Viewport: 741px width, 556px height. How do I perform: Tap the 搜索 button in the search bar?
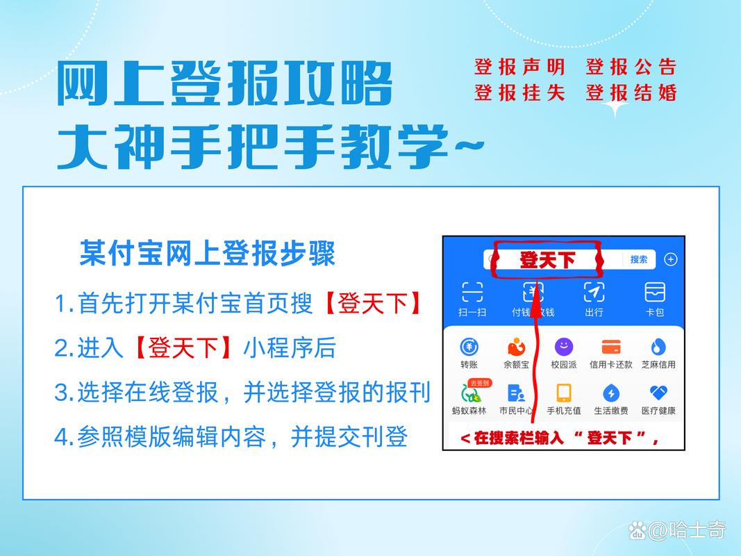(639, 259)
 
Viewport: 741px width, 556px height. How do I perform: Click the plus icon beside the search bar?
(670, 259)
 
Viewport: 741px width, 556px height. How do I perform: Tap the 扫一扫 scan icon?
(472, 292)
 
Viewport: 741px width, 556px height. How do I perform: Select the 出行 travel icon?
(594, 292)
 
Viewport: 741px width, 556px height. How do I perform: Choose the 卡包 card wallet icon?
(654, 292)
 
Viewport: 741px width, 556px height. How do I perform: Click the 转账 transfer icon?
(469, 347)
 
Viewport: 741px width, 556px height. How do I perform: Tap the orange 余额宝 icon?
(516, 347)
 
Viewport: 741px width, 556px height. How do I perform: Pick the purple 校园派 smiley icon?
(564, 347)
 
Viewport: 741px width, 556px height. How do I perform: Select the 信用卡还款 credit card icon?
(611, 347)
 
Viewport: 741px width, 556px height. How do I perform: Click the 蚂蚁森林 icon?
(470, 395)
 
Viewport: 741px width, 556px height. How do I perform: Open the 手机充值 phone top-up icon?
(564, 393)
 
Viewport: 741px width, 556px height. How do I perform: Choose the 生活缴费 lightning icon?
(611, 393)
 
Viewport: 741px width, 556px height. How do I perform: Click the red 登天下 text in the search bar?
(547, 260)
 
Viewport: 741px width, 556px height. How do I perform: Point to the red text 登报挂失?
(519, 92)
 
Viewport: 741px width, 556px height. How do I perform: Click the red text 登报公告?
(631, 67)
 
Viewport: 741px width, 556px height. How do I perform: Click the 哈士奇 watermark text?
(697, 532)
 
